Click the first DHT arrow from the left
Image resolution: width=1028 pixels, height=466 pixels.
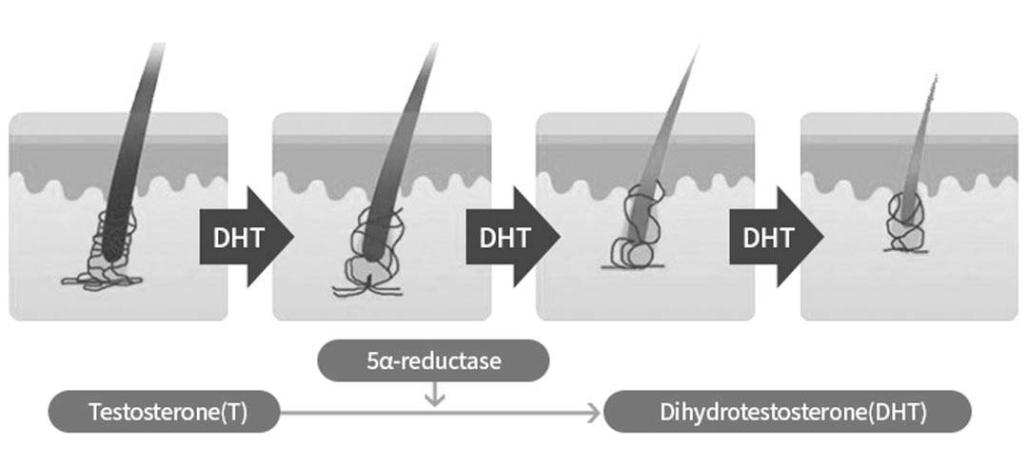coord(234,236)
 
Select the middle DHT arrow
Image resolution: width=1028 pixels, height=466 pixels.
coord(501,236)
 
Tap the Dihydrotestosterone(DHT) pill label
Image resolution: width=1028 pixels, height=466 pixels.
coord(787,412)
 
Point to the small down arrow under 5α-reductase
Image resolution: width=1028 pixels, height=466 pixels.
coord(434,394)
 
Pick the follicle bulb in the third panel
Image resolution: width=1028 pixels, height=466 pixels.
coord(633,238)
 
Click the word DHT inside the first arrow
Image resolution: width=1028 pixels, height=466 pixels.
coord(227,236)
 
